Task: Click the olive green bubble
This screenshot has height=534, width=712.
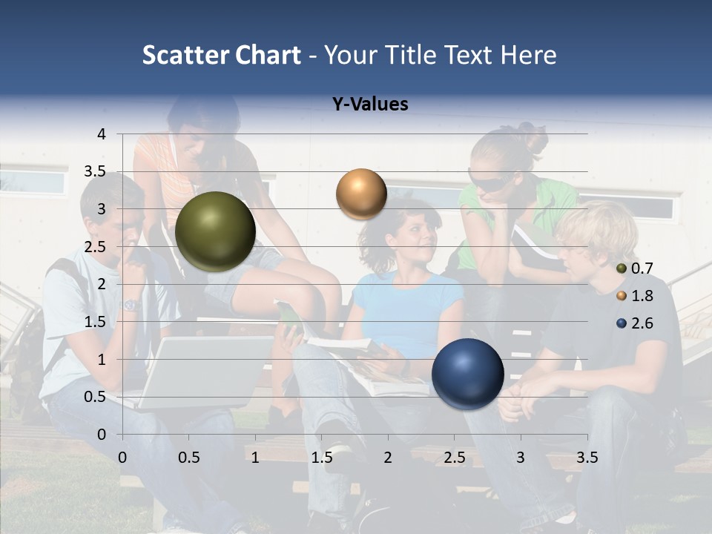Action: pos(215,231)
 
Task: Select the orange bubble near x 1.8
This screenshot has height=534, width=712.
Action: pos(361,194)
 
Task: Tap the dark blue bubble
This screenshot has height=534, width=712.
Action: pos(467,374)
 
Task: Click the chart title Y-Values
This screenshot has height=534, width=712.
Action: pos(369,105)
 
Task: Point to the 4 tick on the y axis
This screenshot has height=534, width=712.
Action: pos(101,134)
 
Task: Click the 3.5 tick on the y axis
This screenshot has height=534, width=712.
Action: pos(95,172)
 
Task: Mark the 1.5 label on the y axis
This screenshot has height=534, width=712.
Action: pos(95,322)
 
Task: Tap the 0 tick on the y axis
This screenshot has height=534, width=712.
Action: pos(101,435)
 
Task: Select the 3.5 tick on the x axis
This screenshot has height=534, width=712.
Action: pos(587,458)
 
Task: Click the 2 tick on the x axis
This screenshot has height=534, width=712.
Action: pos(388,458)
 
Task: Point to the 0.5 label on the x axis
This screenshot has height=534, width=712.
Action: pos(188,458)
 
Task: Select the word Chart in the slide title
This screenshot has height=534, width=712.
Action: pos(268,55)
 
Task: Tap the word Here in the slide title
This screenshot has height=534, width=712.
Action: pos(528,55)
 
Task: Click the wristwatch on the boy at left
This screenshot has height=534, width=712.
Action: pos(131,305)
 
